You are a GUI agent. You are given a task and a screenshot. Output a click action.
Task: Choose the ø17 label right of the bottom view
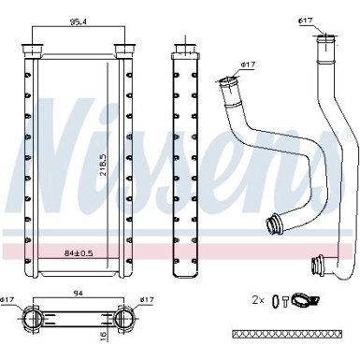146,299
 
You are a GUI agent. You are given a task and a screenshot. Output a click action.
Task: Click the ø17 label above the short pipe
248,64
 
